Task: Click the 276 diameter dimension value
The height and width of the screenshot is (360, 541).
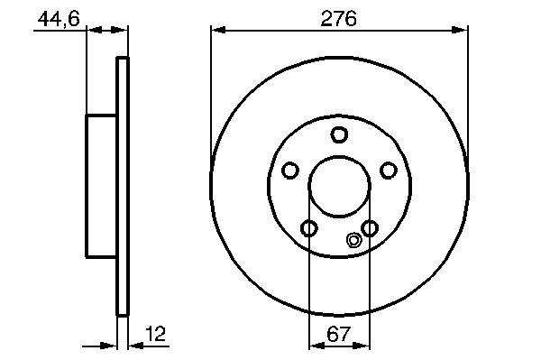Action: tap(338, 19)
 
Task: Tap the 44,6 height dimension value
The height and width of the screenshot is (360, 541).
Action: tap(59, 19)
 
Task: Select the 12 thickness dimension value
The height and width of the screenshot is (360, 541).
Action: tap(155, 334)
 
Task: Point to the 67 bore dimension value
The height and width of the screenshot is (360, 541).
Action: tap(338, 334)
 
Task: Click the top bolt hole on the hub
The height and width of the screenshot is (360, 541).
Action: tap(339, 134)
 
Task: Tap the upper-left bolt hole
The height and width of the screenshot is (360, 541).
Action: tap(289, 171)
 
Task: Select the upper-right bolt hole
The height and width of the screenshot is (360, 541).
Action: tap(388, 171)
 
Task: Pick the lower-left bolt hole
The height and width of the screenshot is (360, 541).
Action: tap(308, 227)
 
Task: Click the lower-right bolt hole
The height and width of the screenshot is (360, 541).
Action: tap(370, 227)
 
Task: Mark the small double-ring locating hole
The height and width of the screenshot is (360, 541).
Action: tap(353, 240)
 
